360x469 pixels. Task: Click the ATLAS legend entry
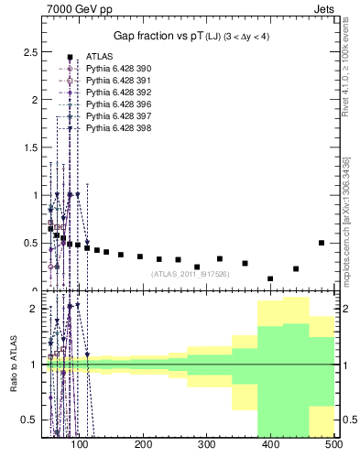click(100, 58)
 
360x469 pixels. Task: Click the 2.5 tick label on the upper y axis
click(31, 52)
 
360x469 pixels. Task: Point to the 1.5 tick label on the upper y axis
click(31, 147)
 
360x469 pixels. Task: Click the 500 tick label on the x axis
click(333, 445)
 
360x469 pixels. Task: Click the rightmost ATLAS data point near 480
click(322, 243)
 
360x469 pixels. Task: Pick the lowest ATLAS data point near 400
click(270, 278)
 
